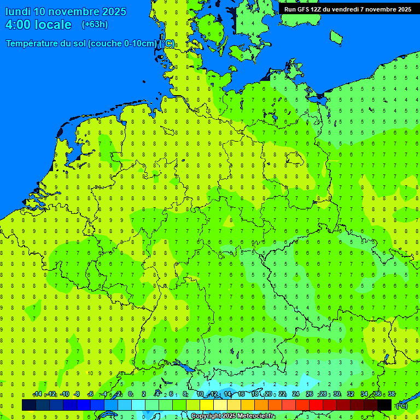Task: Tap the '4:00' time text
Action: pyautogui.click(x=18, y=25)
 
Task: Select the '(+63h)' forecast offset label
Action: pyautogui.click(x=95, y=25)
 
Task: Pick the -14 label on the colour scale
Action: pyautogui.click(x=37, y=394)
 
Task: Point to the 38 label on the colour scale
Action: pyautogui.click(x=391, y=394)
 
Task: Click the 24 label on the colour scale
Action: pyautogui.click(x=296, y=394)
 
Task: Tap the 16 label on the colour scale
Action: pyautogui.click(x=241, y=394)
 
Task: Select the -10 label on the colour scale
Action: pyautogui.click(x=64, y=394)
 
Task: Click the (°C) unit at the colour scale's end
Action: pyautogui.click(x=402, y=406)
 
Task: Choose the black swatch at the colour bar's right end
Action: pyautogui.click(x=384, y=405)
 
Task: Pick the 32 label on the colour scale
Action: pyautogui.click(x=351, y=394)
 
